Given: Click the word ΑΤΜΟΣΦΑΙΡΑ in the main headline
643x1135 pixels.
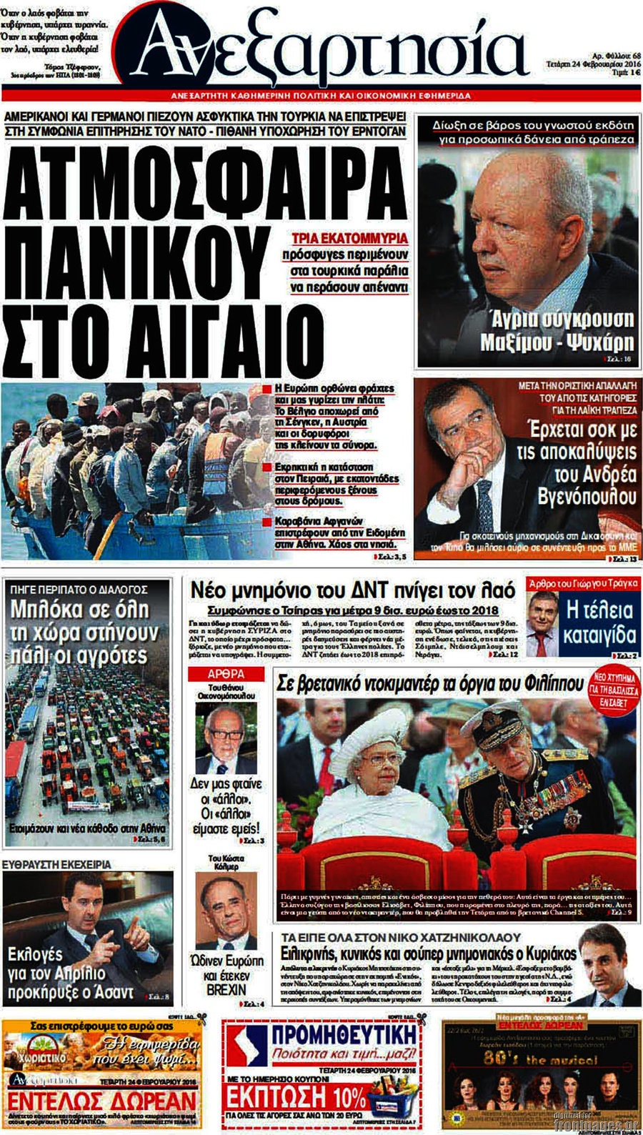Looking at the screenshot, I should tap(206, 182).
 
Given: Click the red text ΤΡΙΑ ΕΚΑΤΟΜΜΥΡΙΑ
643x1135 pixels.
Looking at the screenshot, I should tap(350, 238).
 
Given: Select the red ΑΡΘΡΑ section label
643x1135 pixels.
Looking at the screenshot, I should tap(226, 674).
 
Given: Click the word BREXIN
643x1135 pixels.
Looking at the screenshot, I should tap(226, 991).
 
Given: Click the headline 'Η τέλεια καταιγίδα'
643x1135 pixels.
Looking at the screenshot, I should tap(599, 623).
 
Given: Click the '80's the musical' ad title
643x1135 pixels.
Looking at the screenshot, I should tap(540, 1059).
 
